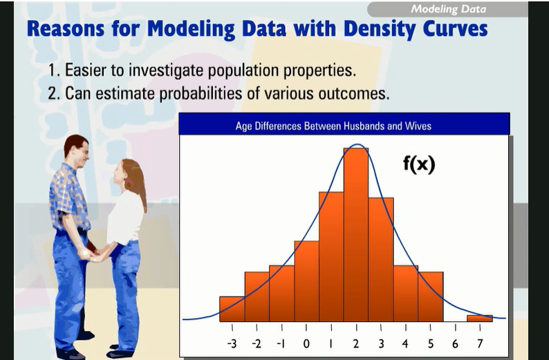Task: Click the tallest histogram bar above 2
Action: click(x=356, y=235)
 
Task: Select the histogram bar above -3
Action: click(x=232, y=309)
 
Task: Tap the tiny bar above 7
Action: click(x=479, y=319)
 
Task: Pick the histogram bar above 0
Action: click(x=306, y=281)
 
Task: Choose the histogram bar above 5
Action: click(x=430, y=296)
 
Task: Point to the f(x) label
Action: click(x=419, y=164)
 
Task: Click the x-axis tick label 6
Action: click(x=455, y=343)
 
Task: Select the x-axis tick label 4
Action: click(x=405, y=343)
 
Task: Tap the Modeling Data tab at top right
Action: click(x=448, y=9)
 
